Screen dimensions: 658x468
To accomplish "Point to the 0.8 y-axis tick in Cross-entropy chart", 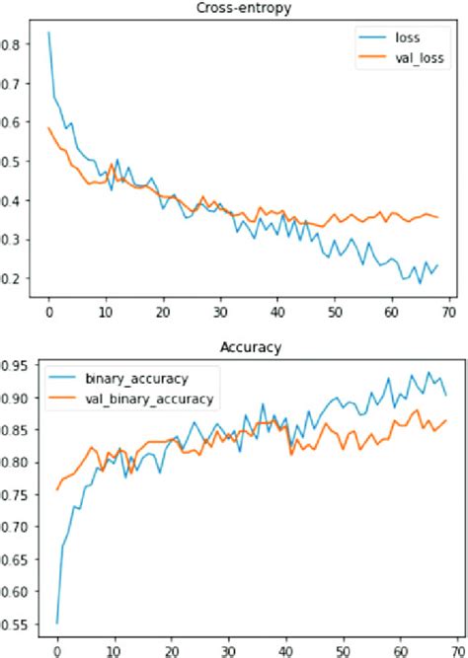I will pyautogui.click(x=11, y=44).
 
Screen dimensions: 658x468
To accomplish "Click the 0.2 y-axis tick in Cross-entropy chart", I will pyautogui.click(x=11, y=279).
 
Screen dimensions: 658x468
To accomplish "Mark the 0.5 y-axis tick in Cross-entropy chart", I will pyautogui.click(x=11, y=162).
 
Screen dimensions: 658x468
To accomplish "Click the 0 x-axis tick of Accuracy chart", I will pyautogui.click(x=56, y=651).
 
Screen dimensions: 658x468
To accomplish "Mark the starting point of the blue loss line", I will pyautogui.click(x=48, y=33).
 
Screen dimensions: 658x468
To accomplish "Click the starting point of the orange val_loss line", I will pyautogui.click(x=48, y=127).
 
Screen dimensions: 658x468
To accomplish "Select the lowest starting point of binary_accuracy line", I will pyautogui.click(x=56, y=623).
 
